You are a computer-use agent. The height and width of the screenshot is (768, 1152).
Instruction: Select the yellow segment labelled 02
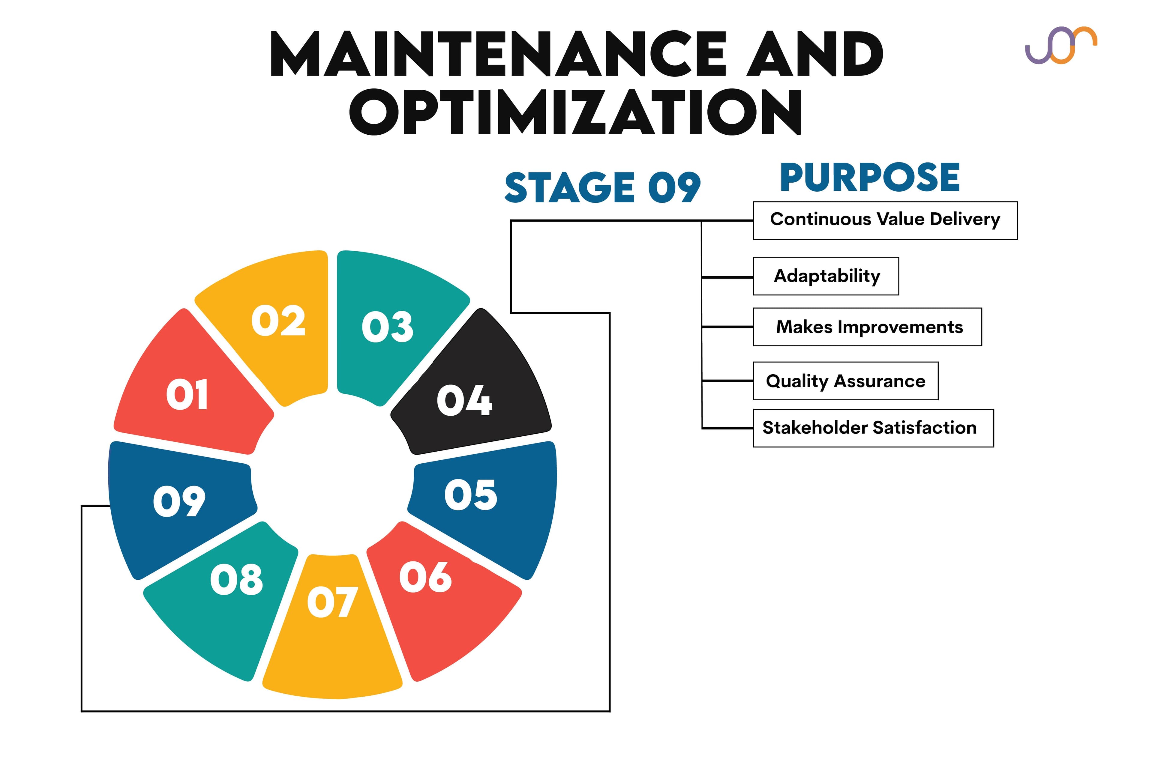pyautogui.click(x=274, y=323)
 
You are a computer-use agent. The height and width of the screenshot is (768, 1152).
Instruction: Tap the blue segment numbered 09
pyautogui.click(x=176, y=504)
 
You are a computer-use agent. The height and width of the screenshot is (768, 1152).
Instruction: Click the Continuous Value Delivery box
pyautogui.click(x=885, y=220)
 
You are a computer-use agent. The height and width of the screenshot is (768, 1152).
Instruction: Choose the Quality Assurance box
pyautogui.click(x=845, y=381)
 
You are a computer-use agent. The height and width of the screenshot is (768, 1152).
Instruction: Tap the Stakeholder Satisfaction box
pyautogui.click(x=873, y=428)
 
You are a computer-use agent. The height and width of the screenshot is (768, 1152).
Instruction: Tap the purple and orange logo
pyautogui.click(x=1061, y=45)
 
